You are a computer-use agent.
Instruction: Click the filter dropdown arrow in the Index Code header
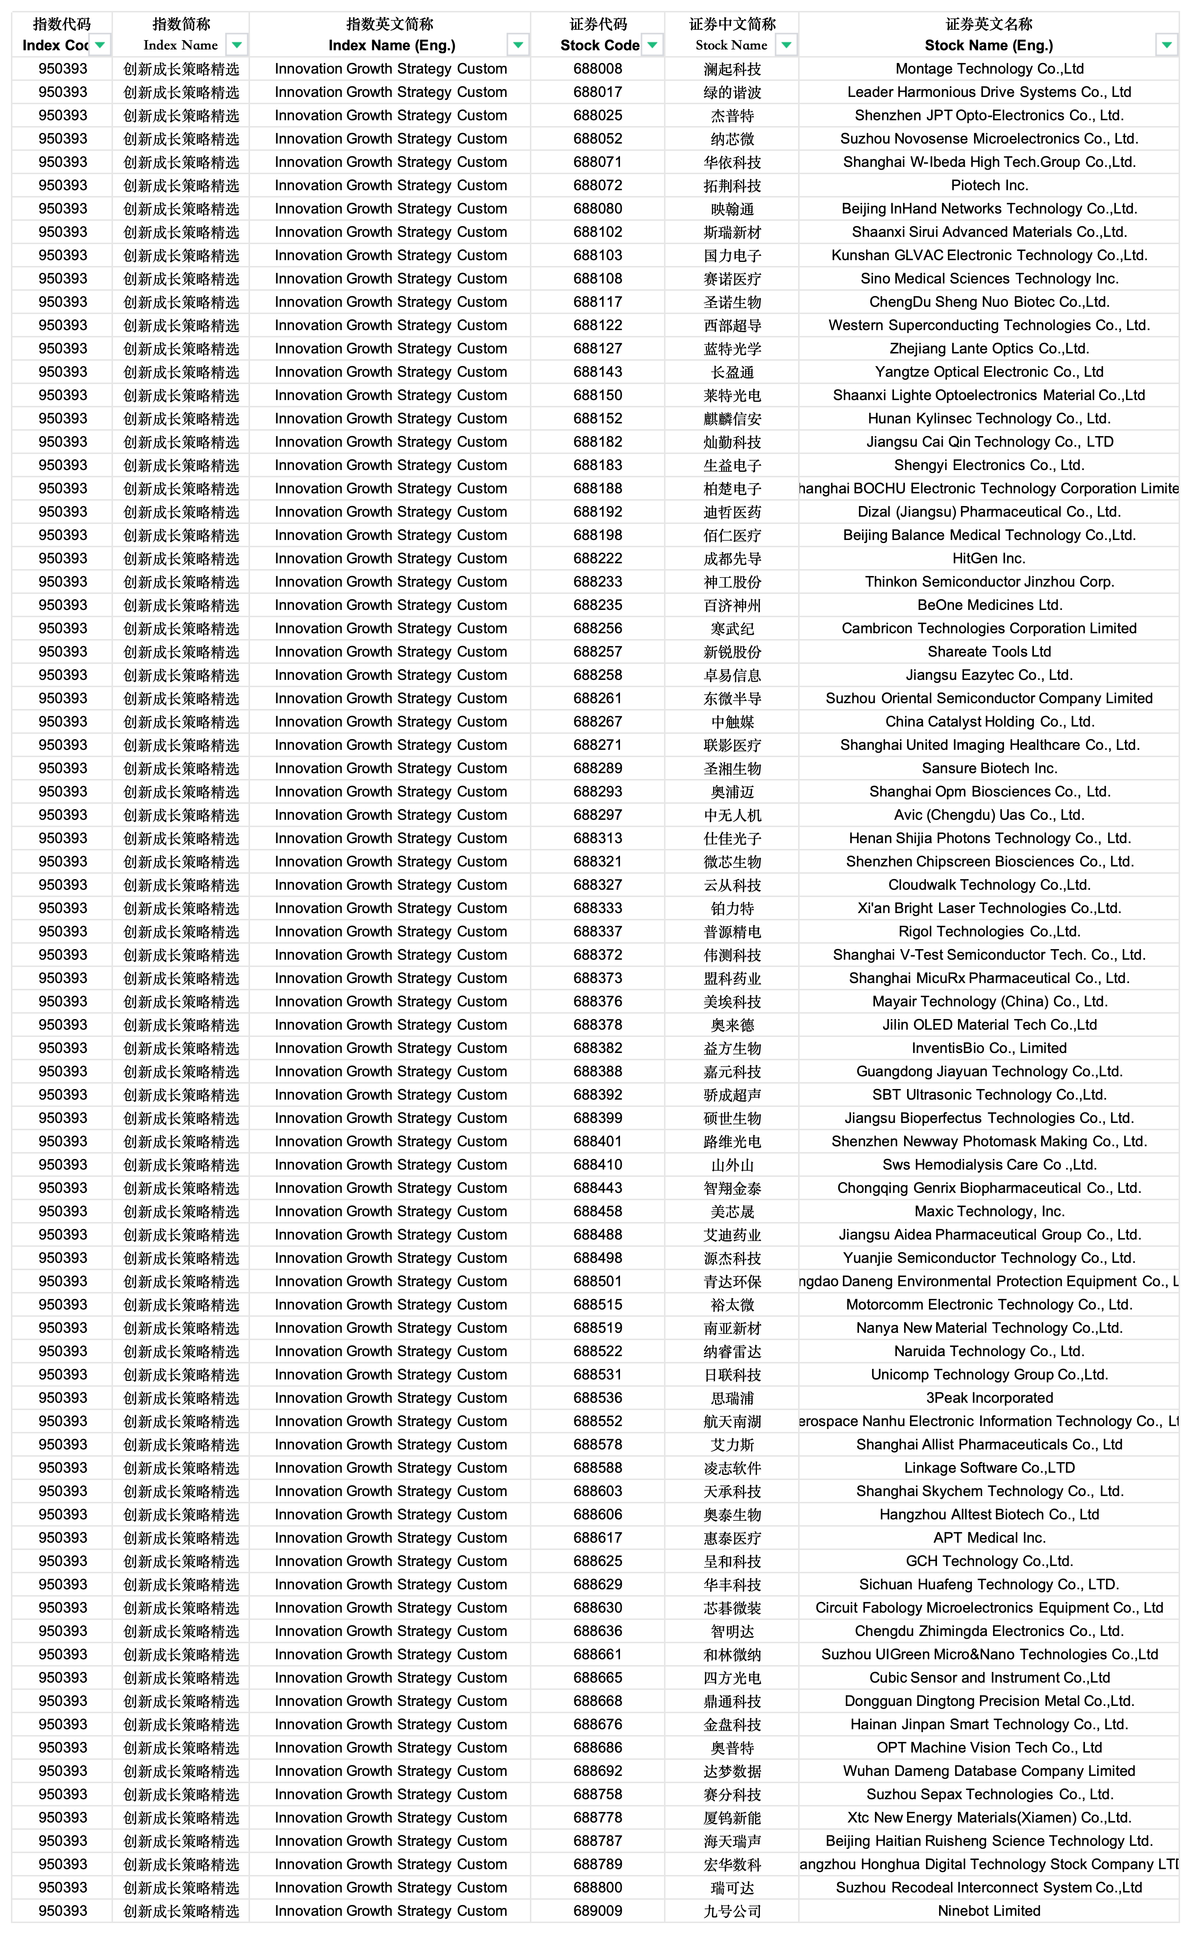100,45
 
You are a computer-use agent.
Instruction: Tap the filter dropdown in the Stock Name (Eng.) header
1167,45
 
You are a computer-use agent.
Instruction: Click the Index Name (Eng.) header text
391,45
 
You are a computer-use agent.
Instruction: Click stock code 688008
598,68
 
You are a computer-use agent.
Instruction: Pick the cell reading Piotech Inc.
989,185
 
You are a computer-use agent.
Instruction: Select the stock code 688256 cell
598,629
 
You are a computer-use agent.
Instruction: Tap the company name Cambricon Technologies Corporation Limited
989,629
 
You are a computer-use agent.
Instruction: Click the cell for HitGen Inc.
989,558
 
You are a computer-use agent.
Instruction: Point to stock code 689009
598,1911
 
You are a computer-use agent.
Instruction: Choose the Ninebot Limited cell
989,1911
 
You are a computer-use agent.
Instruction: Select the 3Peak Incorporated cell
989,1398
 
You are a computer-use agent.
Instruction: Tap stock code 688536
598,1398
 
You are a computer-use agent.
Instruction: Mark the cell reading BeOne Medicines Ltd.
989,605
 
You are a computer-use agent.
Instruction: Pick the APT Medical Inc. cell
989,1538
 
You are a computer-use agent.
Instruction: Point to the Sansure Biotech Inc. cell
989,768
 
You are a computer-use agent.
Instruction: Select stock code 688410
598,1164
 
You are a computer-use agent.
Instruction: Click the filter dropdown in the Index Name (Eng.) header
518,45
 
